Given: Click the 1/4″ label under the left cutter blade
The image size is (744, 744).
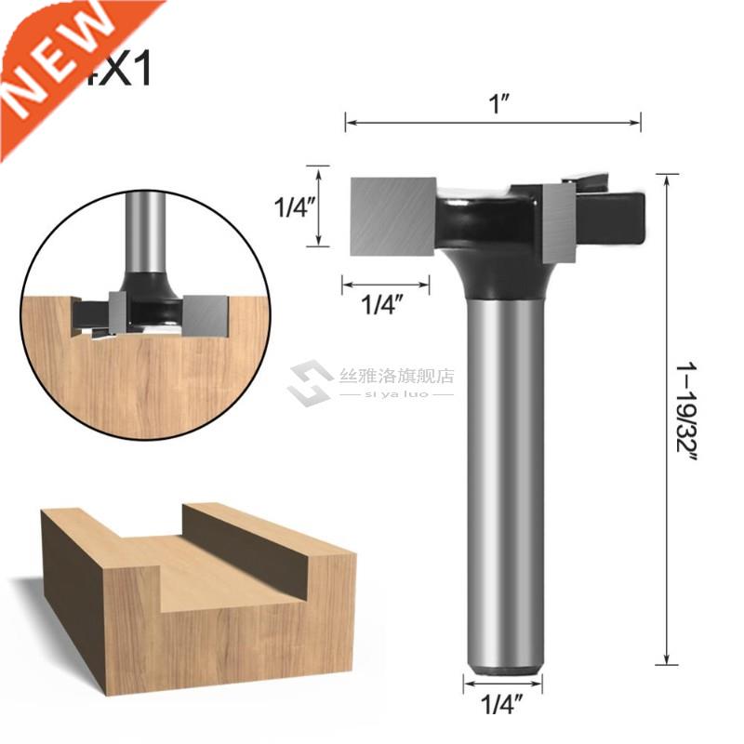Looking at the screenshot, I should tap(385, 306).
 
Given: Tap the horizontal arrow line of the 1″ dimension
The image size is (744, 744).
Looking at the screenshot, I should tap(493, 122).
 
